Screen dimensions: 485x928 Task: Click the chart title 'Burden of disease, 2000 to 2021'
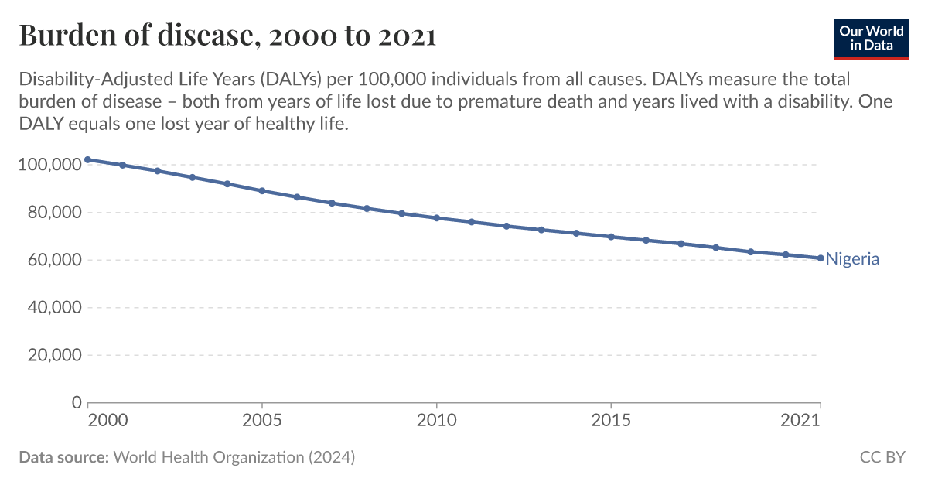[x=227, y=36]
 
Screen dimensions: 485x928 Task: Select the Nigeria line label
[x=852, y=259]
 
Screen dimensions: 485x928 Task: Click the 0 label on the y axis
[x=76, y=403]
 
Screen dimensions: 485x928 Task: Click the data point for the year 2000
[x=87, y=159]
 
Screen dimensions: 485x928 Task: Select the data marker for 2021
[x=821, y=258]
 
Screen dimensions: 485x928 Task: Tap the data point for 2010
[x=437, y=218]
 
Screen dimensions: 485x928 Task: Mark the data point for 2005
[x=262, y=190]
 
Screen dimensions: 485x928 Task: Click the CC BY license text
[x=882, y=457]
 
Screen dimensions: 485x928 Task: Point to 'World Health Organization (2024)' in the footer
[x=234, y=457]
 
